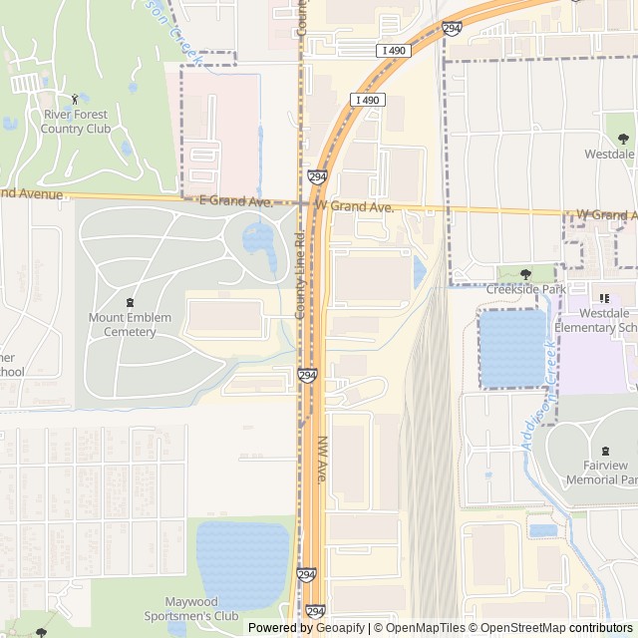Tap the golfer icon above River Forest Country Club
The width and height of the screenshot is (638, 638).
76,99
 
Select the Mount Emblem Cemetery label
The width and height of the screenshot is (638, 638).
130,325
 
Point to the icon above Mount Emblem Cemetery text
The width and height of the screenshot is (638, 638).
130,302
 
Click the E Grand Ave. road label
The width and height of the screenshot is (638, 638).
236,201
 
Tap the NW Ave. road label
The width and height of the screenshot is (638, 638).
322,460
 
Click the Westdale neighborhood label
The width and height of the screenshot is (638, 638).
608,156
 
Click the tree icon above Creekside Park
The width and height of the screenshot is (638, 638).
526,273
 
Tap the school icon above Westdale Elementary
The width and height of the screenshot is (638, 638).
604,298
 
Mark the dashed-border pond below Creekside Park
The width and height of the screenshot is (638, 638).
513,347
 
